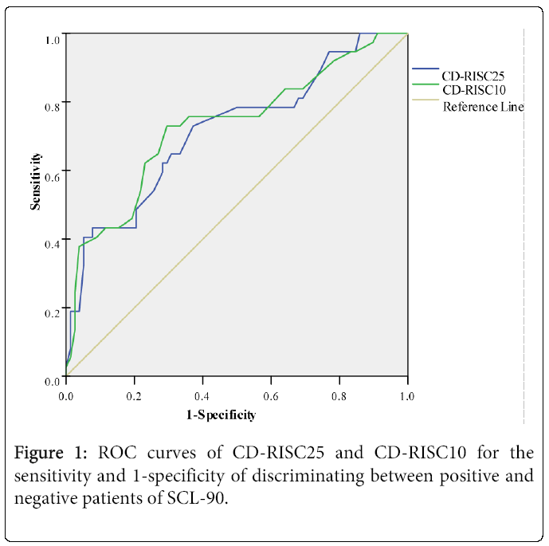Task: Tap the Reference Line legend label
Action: pyautogui.click(x=483, y=107)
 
